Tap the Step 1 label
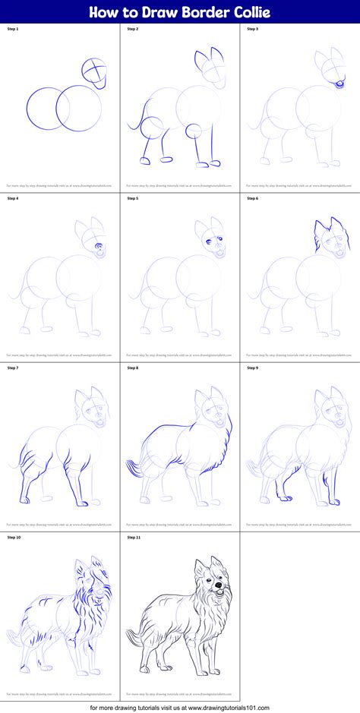point(13,29)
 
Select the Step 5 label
point(133,198)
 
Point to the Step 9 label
point(252,368)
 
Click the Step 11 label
point(134,538)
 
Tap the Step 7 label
point(13,368)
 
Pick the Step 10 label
point(14,538)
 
